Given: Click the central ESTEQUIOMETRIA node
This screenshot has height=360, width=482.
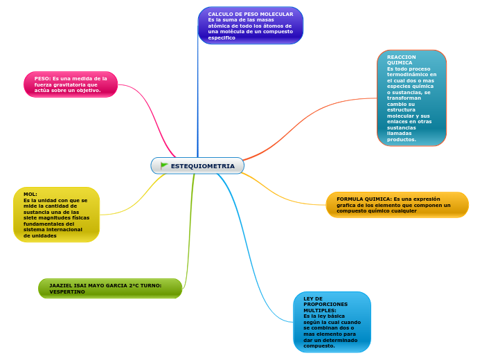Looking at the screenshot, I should (x=197, y=166).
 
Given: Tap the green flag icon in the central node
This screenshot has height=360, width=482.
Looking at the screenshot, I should (x=164, y=165).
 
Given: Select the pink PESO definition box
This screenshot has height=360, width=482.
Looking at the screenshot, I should (x=71, y=84).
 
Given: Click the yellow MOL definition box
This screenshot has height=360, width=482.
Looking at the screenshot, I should (x=56, y=215).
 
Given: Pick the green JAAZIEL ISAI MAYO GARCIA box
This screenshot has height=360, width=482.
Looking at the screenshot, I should (x=110, y=288).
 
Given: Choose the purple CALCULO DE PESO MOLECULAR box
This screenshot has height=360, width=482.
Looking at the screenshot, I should (x=251, y=26).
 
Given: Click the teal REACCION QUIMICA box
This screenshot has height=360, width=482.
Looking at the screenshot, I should (x=411, y=98).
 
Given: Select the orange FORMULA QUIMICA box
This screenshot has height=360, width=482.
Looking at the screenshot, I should (x=397, y=205).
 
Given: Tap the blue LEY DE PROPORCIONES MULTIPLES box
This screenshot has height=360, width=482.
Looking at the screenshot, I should (x=332, y=322).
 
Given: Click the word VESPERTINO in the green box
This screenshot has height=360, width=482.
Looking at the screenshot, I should (x=67, y=292).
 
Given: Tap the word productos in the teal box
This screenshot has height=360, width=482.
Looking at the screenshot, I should (x=401, y=139).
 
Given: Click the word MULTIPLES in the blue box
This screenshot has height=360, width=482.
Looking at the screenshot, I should (x=319, y=310).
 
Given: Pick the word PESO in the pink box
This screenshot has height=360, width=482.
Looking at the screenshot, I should (x=42, y=78).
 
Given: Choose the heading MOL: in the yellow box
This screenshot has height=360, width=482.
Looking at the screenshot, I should (x=30, y=195).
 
